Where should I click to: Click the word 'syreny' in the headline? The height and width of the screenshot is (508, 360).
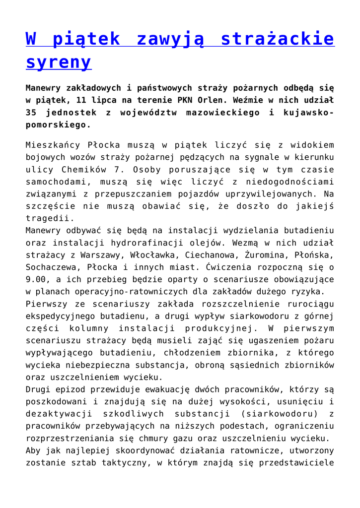pyautogui.click(x=59, y=63)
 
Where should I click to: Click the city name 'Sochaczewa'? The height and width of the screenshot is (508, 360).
pyautogui.click(x=52, y=267)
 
